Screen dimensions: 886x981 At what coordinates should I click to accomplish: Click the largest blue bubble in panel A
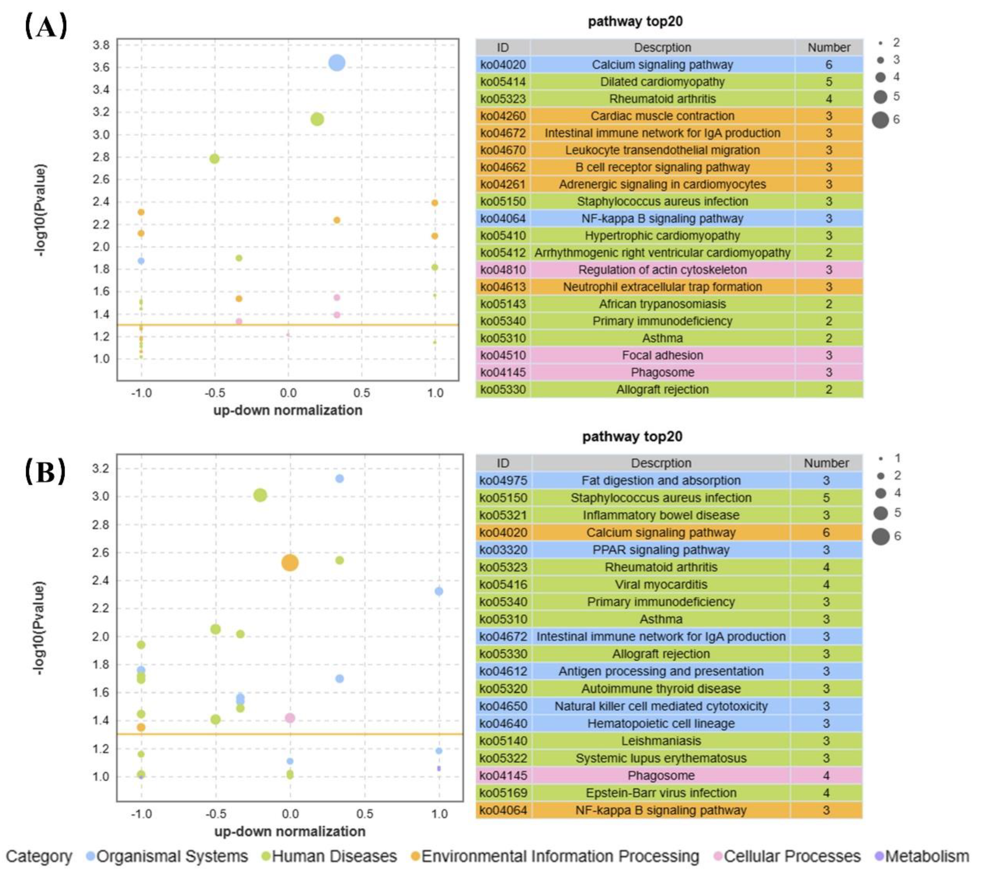(337, 63)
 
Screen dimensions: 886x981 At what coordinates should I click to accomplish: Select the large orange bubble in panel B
(290, 563)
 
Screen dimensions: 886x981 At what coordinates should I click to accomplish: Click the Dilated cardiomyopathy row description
(662, 82)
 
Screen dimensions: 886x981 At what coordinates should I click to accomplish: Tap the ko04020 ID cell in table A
(503, 65)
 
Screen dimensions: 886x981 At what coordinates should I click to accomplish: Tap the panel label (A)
(46, 27)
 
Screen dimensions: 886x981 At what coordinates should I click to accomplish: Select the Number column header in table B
(826, 463)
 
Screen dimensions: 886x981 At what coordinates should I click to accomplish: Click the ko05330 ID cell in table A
(503, 389)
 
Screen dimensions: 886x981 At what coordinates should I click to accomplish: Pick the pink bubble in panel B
(290, 718)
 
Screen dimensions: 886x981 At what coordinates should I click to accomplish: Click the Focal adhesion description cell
(662, 355)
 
